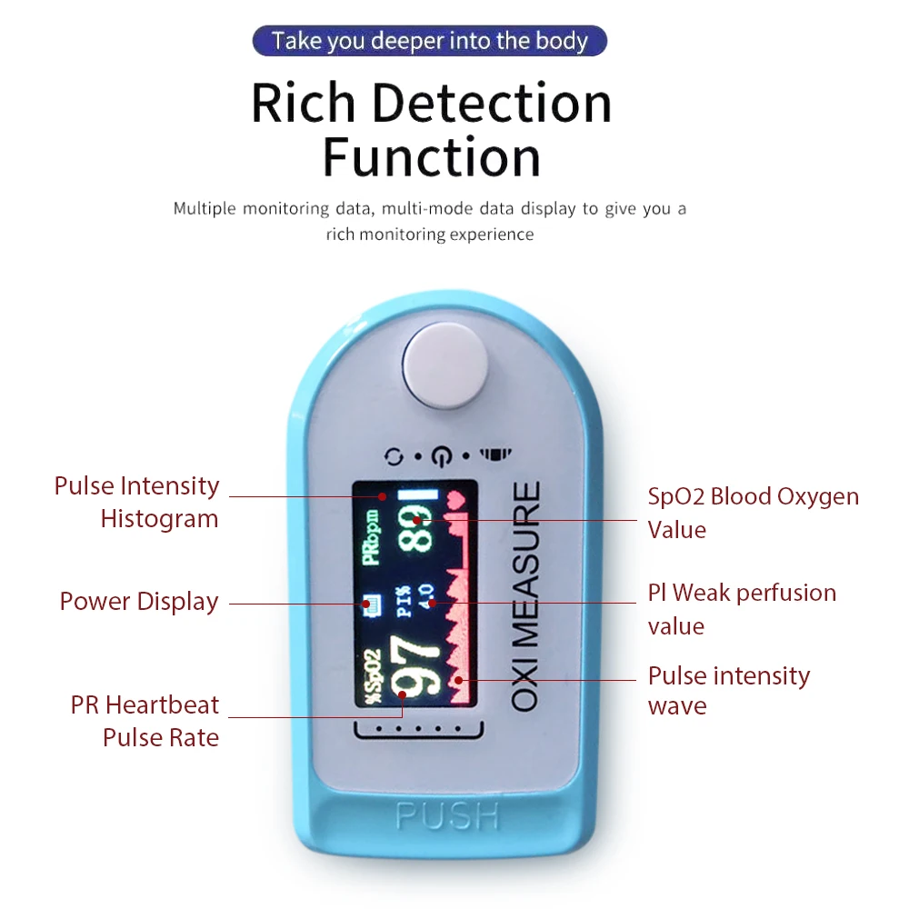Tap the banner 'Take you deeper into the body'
[430, 41]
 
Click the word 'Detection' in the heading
[492, 104]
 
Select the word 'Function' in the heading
[432, 157]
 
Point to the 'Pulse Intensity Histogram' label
[137, 502]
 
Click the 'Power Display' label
[139, 602]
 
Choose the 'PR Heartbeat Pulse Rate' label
[145, 720]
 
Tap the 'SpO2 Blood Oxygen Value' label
[753, 513]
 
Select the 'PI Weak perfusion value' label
[741, 609]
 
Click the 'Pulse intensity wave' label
[728, 690]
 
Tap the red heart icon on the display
[455, 499]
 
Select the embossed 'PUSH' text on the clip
[448, 815]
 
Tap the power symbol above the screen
[441, 454]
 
